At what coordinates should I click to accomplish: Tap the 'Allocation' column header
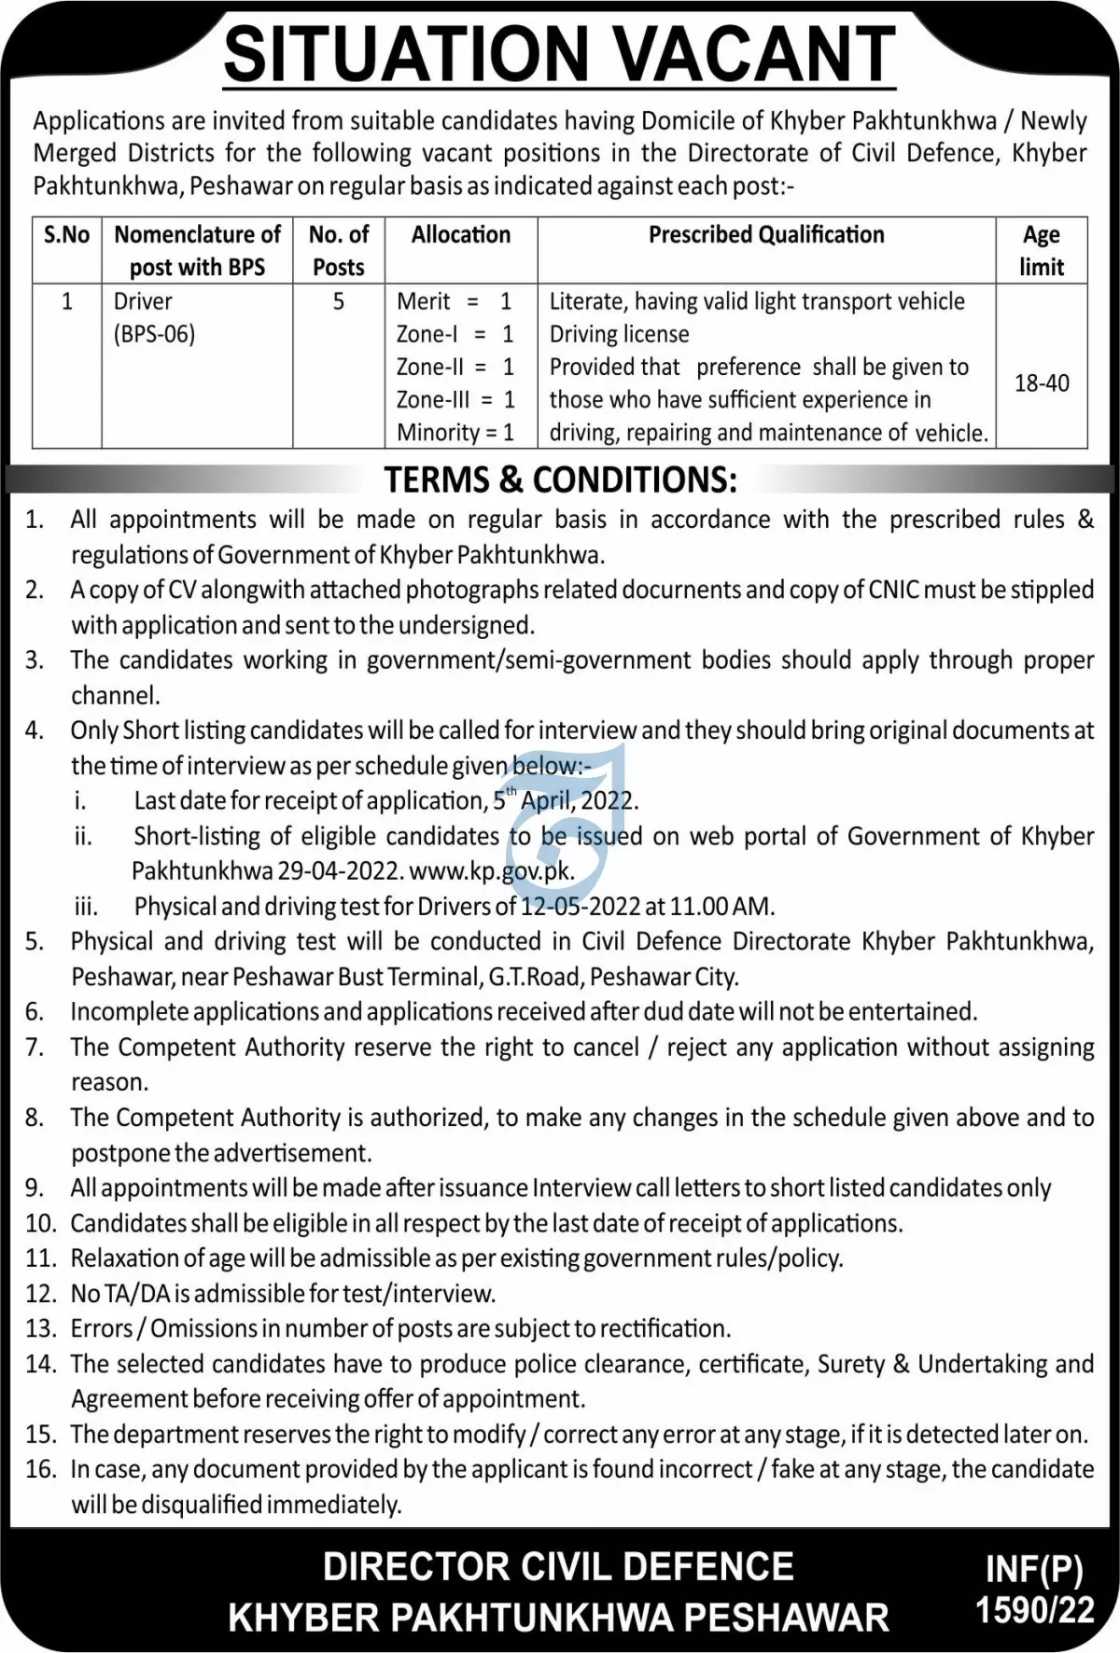click(461, 235)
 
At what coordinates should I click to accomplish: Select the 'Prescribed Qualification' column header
click(766, 235)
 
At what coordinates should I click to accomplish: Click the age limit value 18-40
click(1042, 383)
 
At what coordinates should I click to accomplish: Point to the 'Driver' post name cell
click(143, 301)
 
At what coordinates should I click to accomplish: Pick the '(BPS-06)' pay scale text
click(154, 334)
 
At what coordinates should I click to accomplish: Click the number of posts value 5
click(339, 301)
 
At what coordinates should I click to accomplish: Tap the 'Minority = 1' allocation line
click(455, 433)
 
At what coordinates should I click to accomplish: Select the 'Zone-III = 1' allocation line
click(455, 400)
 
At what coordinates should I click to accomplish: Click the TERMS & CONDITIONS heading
click(560, 479)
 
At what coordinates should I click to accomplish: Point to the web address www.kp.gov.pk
click(491, 871)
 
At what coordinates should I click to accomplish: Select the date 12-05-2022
click(581, 907)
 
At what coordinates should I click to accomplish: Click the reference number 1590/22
click(1034, 1611)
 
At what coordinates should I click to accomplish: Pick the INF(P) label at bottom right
click(1034, 1571)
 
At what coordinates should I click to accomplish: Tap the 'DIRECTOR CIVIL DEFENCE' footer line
click(558, 1567)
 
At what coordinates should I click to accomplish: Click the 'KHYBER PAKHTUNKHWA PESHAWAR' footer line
click(558, 1618)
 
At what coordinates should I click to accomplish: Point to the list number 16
click(41, 1469)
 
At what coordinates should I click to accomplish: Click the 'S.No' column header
click(66, 235)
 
